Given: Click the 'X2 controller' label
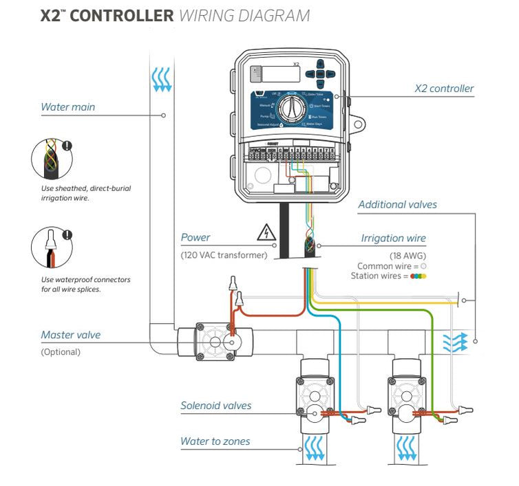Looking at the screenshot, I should (443, 89).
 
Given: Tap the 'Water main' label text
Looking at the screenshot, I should (68, 107).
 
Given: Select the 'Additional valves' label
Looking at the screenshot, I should (397, 204).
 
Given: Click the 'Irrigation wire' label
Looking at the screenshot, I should (393, 239).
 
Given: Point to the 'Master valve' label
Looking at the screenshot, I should (70, 335).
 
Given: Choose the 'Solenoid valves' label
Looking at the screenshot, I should (215, 406).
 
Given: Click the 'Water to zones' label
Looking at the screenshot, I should (215, 441).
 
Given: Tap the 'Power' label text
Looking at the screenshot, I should (195, 238).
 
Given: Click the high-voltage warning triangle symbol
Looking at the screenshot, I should (265, 233).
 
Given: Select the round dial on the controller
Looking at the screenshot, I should (291, 109).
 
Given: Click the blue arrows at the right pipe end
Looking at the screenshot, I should (454, 340).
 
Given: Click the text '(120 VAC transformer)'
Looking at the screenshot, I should (223, 256).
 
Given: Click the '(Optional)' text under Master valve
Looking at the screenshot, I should (61, 352).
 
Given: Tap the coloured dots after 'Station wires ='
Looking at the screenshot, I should (419, 276).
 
